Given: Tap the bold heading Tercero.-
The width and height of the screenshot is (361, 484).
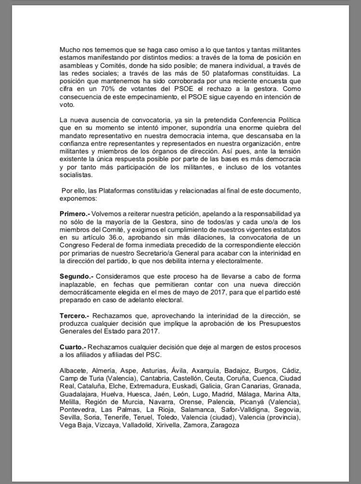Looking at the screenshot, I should tap(75, 316).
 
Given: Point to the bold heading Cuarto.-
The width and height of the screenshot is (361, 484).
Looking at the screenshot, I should tap(73, 347).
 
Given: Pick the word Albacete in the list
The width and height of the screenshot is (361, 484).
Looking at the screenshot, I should tap(73, 370).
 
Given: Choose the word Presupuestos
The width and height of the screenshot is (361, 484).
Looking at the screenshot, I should tap(280, 323).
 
